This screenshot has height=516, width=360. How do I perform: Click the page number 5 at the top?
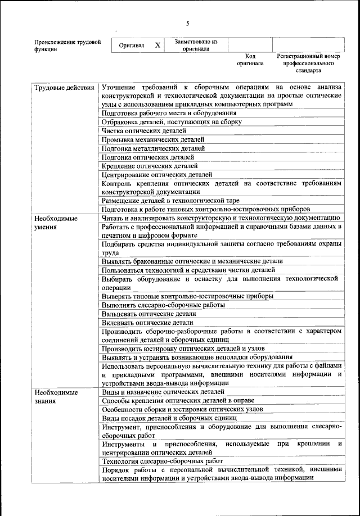(x=188, y=23)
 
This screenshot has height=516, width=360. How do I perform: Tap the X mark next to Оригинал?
(x=157, y=45)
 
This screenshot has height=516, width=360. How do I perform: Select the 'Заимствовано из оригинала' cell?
(x=196, y=45)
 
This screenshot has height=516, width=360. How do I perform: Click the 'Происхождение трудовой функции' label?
(x=67, y=45)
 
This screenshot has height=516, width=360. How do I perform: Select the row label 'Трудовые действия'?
(x=64, y=88)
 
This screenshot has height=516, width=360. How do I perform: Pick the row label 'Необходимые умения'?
(x=56, y=223)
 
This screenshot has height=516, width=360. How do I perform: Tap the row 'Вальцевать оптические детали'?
(x=149, y=314)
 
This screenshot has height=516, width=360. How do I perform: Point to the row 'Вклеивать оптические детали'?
(x=147, y=323)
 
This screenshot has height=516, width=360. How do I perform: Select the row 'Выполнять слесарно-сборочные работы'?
(x=163, y=305)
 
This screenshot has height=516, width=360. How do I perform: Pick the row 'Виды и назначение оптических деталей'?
(x=163, y=392)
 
